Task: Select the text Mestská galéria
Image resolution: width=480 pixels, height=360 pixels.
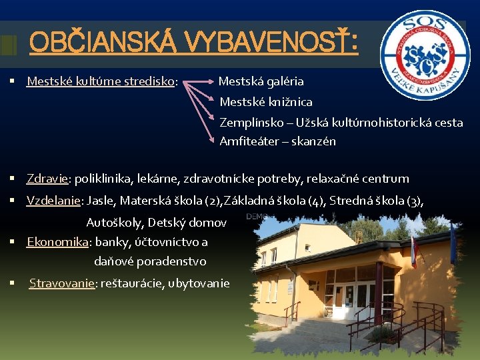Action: (261, 81)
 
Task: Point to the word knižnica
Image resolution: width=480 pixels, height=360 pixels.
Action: (286, 102)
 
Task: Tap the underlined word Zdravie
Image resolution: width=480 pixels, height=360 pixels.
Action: (47, 179)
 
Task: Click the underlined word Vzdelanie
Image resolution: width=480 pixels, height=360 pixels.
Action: (53, 200)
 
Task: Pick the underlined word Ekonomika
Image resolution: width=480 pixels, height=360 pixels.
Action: (57, 242)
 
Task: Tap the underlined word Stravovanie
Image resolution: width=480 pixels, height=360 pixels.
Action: (62, 283)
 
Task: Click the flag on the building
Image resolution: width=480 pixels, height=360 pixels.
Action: (413, 247)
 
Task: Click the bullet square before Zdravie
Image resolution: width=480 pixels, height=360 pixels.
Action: (13, 179)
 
